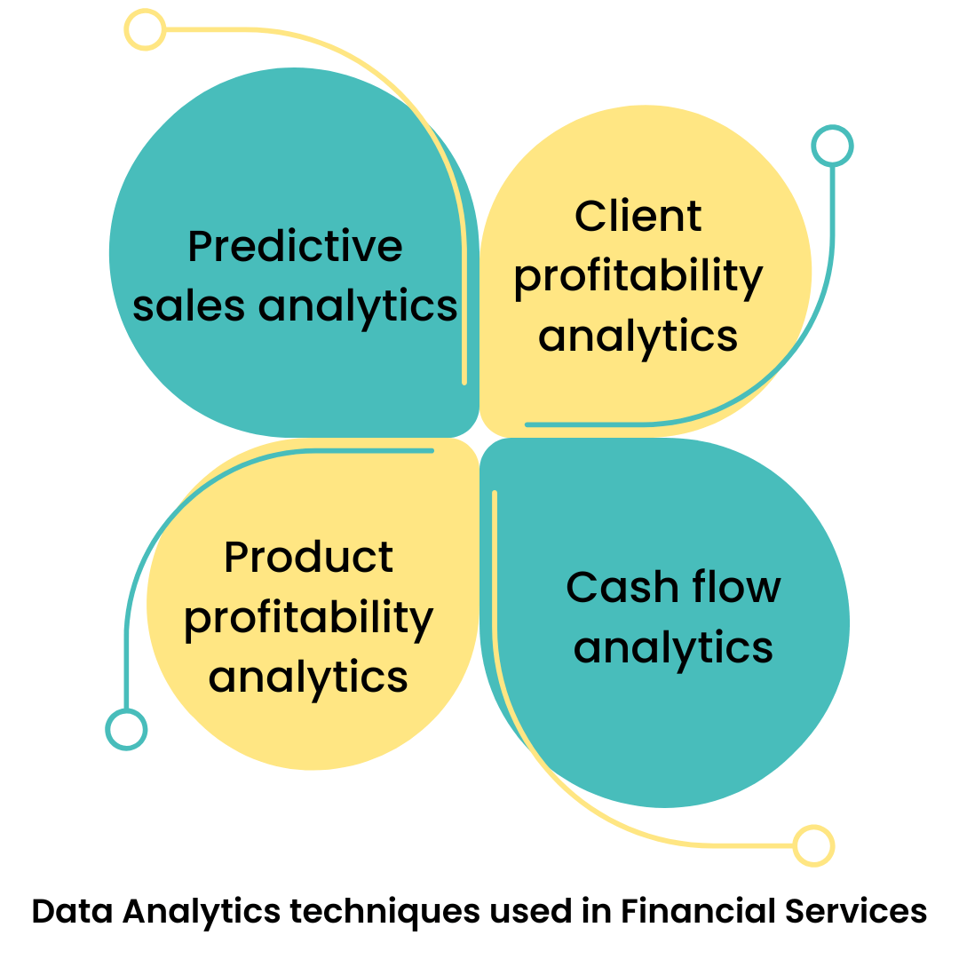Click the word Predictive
click(x=295, y=246)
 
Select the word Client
click(x=638, y=216)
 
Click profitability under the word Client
click(x=638, y=277)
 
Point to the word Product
click(x=308, y=557)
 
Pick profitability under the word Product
click(x=308, y=618)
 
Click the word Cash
click(x=617, y=587)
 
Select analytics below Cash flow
click(x=673, y=647)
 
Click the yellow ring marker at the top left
click(x=144, y=30)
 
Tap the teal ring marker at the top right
click(x=832, y=146)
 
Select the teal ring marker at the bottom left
click(x=126, y=729)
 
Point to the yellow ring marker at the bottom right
click(x=813, y=845)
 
